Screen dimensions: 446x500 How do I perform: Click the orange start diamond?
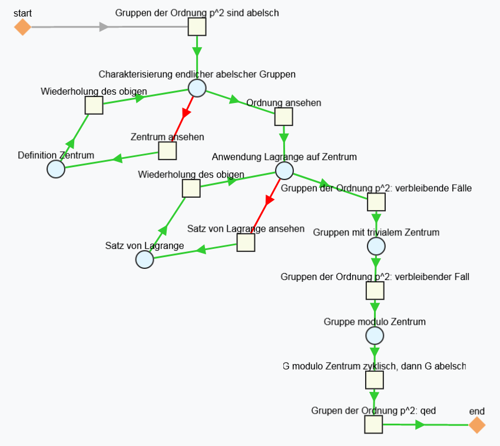pyautogui.click(x=22, y=27)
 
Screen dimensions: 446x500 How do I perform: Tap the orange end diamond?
pyautogui.click(x=477, y=425)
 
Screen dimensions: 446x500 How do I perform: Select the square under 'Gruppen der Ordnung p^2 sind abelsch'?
pyautogui.click(x=197, y=27)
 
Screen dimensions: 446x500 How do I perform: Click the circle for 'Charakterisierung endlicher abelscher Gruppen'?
pyautogui.click(x=197, y=88)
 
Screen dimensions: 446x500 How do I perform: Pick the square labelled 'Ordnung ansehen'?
pyautogui.click(x=284, y=117)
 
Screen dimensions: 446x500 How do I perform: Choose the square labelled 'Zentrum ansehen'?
pyautogui.click(x=167, y=151)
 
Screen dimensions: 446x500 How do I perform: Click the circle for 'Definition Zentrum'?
pyautogui.click(x=56, y=169)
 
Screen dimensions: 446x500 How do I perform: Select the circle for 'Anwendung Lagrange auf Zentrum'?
pyautogui.click(x=284, y=171)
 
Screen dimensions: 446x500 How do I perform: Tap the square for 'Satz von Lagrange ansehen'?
pyautogui.click(x=246, y=242)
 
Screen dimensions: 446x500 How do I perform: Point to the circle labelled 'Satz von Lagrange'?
pyautogui.click(x=144, y=259)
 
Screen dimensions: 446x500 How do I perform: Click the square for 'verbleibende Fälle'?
pyautogui.click(x=376, y=202)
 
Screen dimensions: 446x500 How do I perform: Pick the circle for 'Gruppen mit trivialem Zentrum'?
pyautogui.click(x=376, y=245)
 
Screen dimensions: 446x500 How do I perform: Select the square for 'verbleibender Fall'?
pyautogui.click(x=375, y=291)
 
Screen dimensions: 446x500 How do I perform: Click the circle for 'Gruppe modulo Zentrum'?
pyautogui.click(x=375, y=336)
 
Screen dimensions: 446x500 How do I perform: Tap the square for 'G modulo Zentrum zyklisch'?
pyautogui.click(x=375, y=380)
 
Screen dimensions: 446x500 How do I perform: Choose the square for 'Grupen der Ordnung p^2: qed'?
pyautogui.click(x=373, y=424)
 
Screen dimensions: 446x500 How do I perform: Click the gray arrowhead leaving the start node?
pyautogui.click(x=104, y=27)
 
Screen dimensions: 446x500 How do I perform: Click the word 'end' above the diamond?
pyautogui.click(x=476, y=411)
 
